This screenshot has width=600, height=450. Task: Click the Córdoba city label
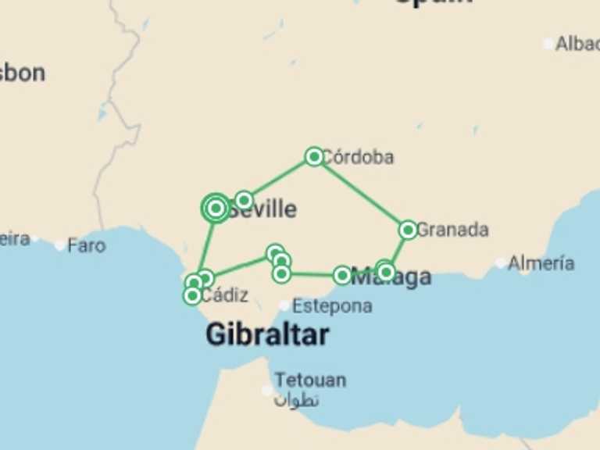(358, 157)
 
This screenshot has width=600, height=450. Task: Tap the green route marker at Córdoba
(314, 156)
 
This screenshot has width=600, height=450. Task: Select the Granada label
(452, 230)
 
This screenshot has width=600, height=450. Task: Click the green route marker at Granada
(407, 230)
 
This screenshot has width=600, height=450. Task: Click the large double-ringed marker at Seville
(216, 208)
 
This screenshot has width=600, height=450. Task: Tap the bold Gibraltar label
(266, 334)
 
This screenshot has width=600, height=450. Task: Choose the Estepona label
(331, 305)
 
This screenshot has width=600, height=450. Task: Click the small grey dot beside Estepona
(284, 305)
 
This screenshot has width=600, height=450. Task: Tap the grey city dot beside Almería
(500, 263)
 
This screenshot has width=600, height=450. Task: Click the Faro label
(86, 245)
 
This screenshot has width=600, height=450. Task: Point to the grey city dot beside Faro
(60, 245)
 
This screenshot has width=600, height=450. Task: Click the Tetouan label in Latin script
(309, 380)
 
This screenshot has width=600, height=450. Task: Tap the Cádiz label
(224, 295)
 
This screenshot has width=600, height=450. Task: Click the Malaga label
(391, 277)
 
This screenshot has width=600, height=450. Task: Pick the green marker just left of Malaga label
(342, 275)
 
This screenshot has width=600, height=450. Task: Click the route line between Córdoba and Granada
(361, 193)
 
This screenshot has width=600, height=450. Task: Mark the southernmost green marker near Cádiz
(192, 295)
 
